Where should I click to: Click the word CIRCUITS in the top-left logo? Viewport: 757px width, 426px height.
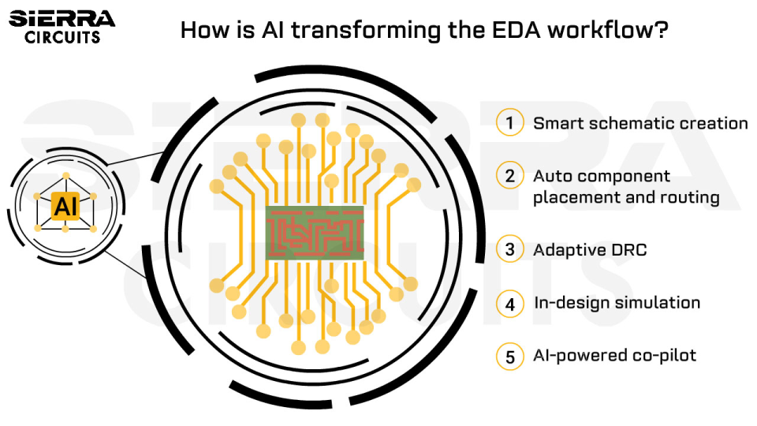coord(62,37)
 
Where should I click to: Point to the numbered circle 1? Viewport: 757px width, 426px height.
coord(510,123)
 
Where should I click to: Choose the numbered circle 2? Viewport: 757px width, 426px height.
coord(510,176)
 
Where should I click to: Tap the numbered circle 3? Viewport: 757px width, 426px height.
coord(510,250)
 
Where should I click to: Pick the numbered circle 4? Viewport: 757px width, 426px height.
coord(510,303)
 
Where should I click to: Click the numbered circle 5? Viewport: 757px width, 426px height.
coord(510,357)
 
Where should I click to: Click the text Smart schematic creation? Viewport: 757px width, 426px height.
coord(640,123)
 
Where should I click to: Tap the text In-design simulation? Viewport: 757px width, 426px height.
coord(617,303)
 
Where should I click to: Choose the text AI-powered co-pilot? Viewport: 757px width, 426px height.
coord(615,356)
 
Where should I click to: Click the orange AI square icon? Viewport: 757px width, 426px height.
coord(65,206)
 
